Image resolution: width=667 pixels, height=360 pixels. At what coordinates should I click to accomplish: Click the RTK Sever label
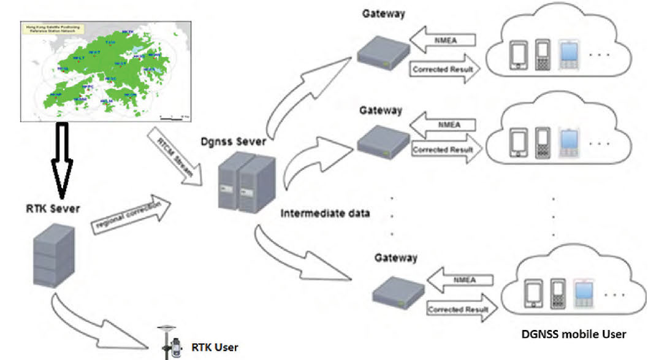pyautogui.click(x=53, y=209)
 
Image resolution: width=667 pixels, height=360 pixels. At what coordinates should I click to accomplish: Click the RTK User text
pyautogui.click(x=215, y=347)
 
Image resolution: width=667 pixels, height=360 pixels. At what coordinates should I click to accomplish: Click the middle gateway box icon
pyautogui.click(x=383, y=142)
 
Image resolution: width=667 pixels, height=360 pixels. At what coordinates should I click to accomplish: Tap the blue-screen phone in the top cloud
pyautogui.click(x=568, y=55)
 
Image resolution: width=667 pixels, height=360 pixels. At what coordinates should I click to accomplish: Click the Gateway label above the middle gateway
pyautogui.click(x=381, y=110)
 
